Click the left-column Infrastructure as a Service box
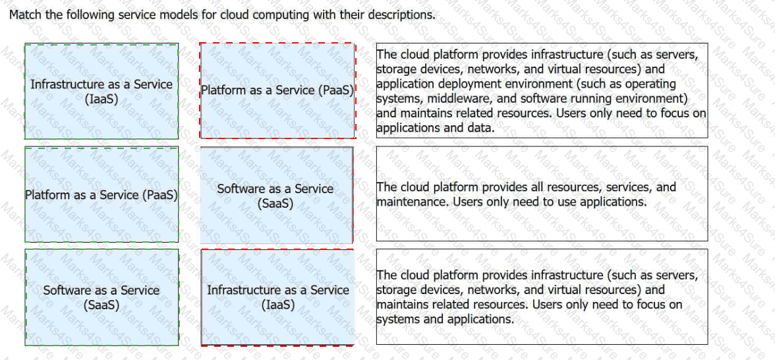[101, 91]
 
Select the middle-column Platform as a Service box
[277, 91]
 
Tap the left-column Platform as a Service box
[101, 195]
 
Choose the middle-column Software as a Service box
[275, 196]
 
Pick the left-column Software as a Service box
[101, 297]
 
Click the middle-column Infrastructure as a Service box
[277, 297]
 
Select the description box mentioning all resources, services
[542, 194]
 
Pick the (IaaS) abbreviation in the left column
[101, 99]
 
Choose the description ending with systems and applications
[542, 297]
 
